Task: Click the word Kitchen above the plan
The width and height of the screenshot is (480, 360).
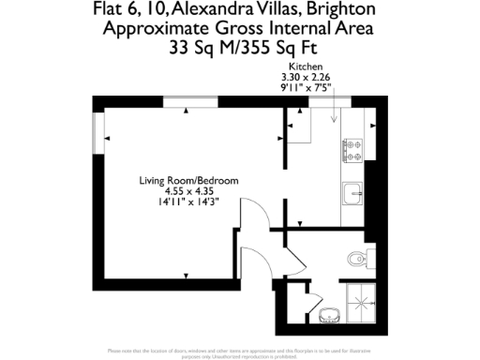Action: [306, 67]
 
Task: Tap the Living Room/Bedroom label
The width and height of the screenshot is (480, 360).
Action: [188, 180]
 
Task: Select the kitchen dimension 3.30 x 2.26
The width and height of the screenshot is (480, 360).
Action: [306, 77]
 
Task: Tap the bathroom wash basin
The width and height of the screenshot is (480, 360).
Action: [329, 312]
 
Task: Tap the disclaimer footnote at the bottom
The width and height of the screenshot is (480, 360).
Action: [240, 352]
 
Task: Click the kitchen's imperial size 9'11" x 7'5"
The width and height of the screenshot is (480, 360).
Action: [306, 87]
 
